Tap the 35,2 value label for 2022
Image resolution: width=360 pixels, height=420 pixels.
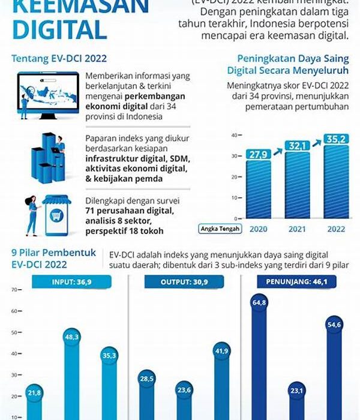pyautogui.click(x=335, y=139)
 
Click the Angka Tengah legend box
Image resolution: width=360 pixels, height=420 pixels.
pyautogui.click(x=221, y=229)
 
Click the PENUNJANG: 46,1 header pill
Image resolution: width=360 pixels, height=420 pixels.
pyautogui.click(x=296, y=281)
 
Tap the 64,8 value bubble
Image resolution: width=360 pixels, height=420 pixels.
pyautogui.click(x=259, y=303)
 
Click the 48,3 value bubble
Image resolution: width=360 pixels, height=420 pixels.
pyautogui.click(x=72, y=338)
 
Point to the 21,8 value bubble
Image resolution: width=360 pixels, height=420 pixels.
pyautogui.click(x=35, y=392)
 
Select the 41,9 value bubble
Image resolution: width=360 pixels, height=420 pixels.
pyautogui.click(x=221, y=351)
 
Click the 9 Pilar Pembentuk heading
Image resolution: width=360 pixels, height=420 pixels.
pyautogui.click(x=53, y=253)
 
